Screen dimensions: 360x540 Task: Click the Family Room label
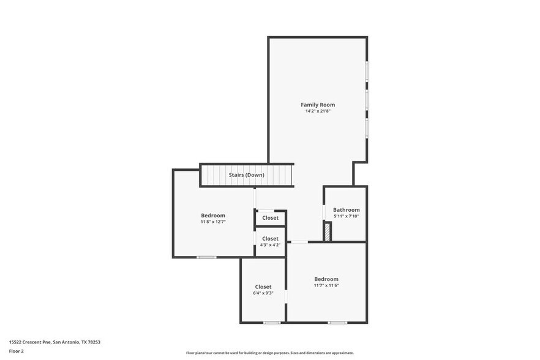point(317,105)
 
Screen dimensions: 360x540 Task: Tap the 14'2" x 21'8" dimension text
point(317,111)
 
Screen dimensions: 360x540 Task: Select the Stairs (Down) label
point(246,175)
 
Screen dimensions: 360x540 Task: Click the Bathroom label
point(346,210)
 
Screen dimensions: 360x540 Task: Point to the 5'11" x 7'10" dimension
point(346,216)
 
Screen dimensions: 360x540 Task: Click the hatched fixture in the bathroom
point(328,232)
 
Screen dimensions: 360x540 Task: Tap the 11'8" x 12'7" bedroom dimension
point(213,222)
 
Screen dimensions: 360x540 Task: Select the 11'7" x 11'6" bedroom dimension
point(326,285)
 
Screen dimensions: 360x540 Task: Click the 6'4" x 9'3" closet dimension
point(263,293)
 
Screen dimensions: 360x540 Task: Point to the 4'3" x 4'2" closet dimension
point(270,245)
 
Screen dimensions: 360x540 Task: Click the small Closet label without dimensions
point(270,218)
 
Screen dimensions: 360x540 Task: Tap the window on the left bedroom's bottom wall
point(206,257)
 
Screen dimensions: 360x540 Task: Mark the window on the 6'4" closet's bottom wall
point(272,323)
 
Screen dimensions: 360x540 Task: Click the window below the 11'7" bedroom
point(337,323)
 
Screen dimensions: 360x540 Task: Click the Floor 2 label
point(17,351)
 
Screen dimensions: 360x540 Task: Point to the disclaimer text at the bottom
point(269,353)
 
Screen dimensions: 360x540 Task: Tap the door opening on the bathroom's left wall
point(324,211)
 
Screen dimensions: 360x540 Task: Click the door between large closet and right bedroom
point(287,297)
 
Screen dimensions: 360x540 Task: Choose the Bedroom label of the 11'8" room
point(213,215)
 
